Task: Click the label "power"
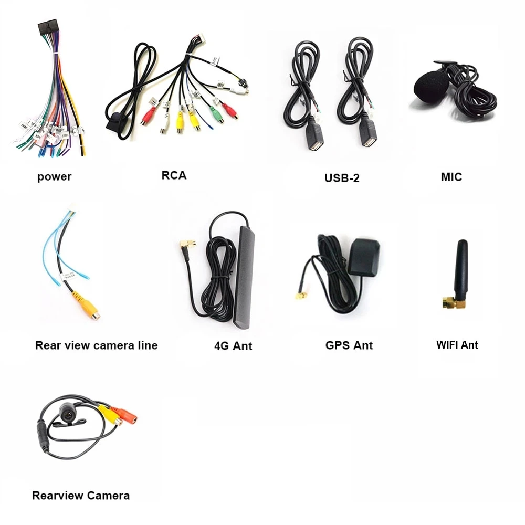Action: click(x=54, y=176)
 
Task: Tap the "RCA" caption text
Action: click(x=174, y=175)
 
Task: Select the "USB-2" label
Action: click(x=342, y=177)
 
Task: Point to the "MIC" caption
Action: click(x=451, y=176)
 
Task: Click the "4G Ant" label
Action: click(x=233, y=345)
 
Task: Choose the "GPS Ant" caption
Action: click(x=349, y=345)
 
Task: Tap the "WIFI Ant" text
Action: click(x=457, y=344)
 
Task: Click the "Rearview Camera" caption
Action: click(x=81, y=495)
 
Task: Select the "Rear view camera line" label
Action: click(x=96, y=345)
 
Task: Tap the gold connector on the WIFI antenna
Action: click(x=449, y=303)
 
